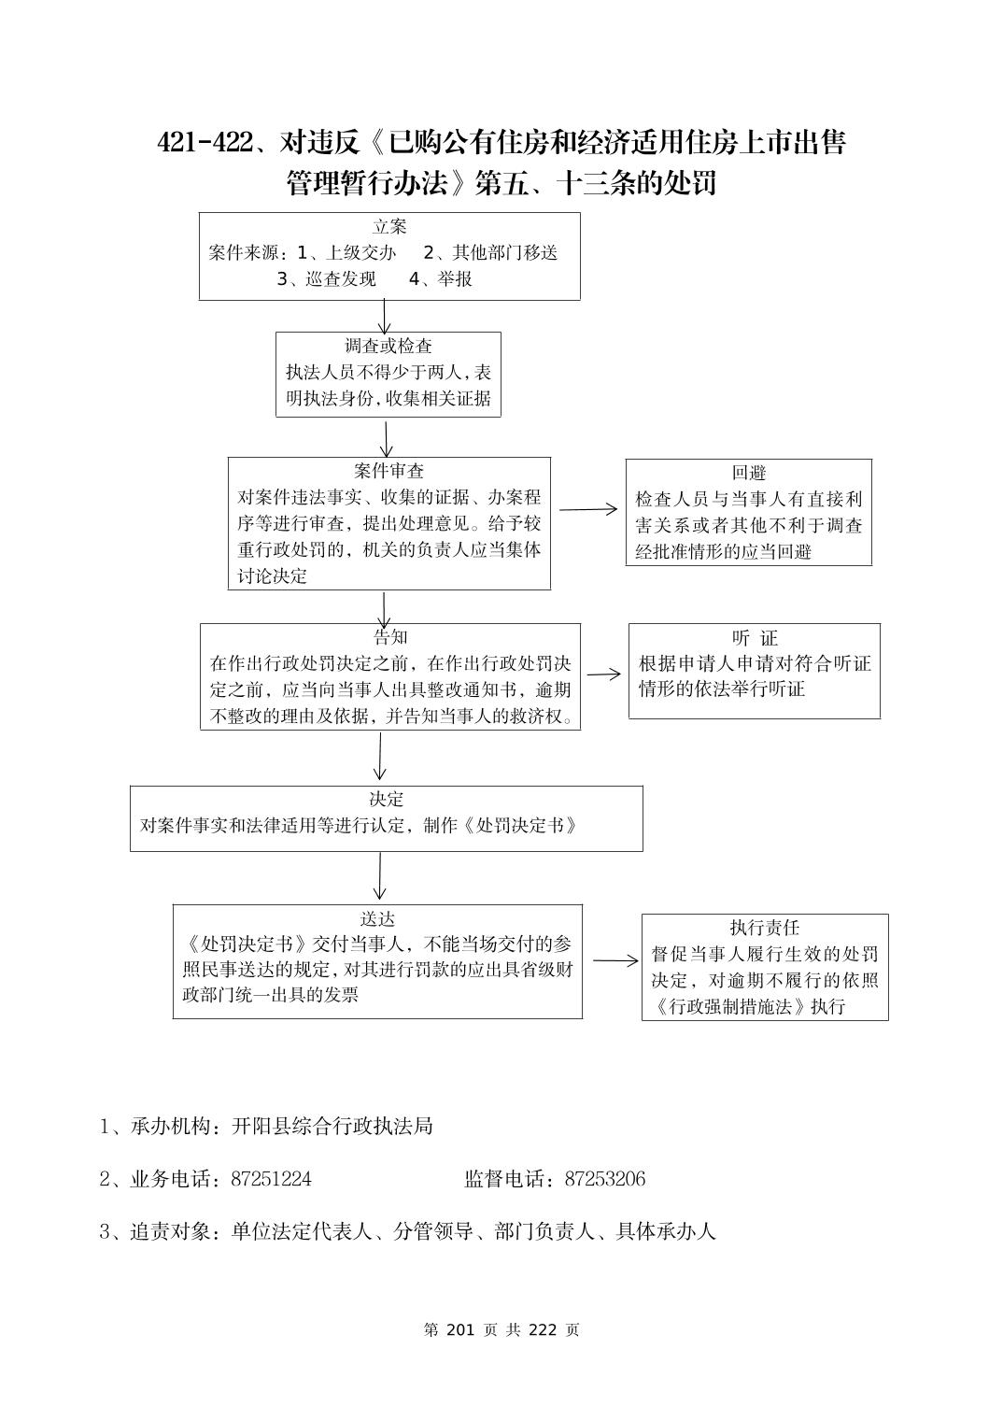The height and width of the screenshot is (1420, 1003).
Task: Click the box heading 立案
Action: click(389, 227)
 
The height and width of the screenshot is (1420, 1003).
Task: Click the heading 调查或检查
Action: click(388, 347)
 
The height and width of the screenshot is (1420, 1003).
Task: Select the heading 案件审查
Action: click(388, 471)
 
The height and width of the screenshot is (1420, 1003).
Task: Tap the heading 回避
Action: click(749, 473)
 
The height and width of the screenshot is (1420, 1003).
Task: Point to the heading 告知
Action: click(390, 638)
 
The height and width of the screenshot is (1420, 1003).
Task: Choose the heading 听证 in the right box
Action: click(755, 638)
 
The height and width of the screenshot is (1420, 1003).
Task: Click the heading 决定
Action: click(386, 800)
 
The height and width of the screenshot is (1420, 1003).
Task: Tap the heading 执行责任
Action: click(765, 928)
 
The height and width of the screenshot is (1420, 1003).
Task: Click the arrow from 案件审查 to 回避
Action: click(588, 509)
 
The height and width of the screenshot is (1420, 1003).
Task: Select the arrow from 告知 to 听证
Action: click(604, 674)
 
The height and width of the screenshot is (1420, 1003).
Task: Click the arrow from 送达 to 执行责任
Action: click(615, 960)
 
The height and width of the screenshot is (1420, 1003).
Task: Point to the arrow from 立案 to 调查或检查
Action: click(385, 316)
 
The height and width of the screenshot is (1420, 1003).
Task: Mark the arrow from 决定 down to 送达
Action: click(380, 877)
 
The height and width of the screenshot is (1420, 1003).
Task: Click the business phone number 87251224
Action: click(271, 1179)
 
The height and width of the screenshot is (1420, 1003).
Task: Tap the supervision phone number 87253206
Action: click(604, 1179)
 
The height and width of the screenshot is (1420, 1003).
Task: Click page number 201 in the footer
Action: click(462, 1330)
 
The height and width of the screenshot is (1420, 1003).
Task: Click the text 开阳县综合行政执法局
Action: click(332, 1127)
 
